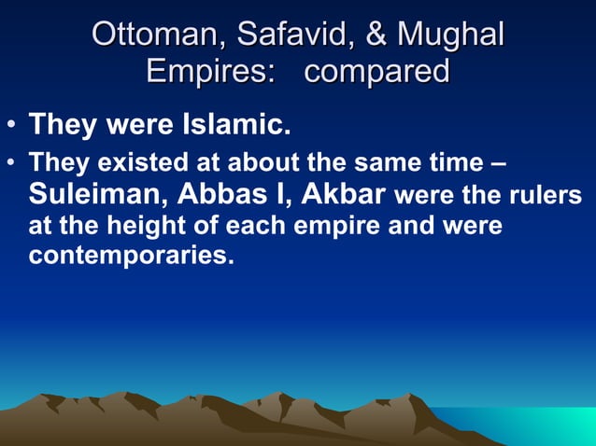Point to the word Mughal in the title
(x=450, y=35)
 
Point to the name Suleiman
(x=97, y=194)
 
